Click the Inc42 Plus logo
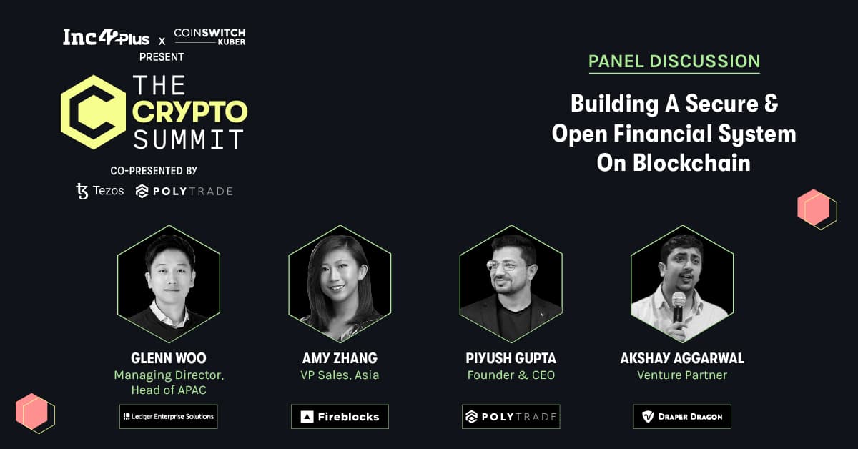(x=106, y=38)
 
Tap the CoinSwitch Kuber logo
(x=209, y=36)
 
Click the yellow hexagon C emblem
(x=94, y=112)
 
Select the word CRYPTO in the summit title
(x=190, y=112)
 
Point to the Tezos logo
(x=100, y=191)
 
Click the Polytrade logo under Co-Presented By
(x=184, y=191)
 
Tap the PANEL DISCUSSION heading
(x=674, y=61)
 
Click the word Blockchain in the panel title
(x=691, y=163)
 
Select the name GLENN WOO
(x=169, y=358)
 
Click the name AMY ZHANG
(x=340, y=358)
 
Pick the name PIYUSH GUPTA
(x=511, y=358)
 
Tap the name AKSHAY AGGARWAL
(x=682, y=358)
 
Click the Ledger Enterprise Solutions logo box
(x=169, y=416)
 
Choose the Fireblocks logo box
(x=340, y=416)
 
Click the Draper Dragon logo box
(x=682, y=416)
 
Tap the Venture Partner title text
(x=682, y=375)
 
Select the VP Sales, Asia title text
(x=340, y=375)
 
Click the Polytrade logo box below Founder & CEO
(x=511, y=416)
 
